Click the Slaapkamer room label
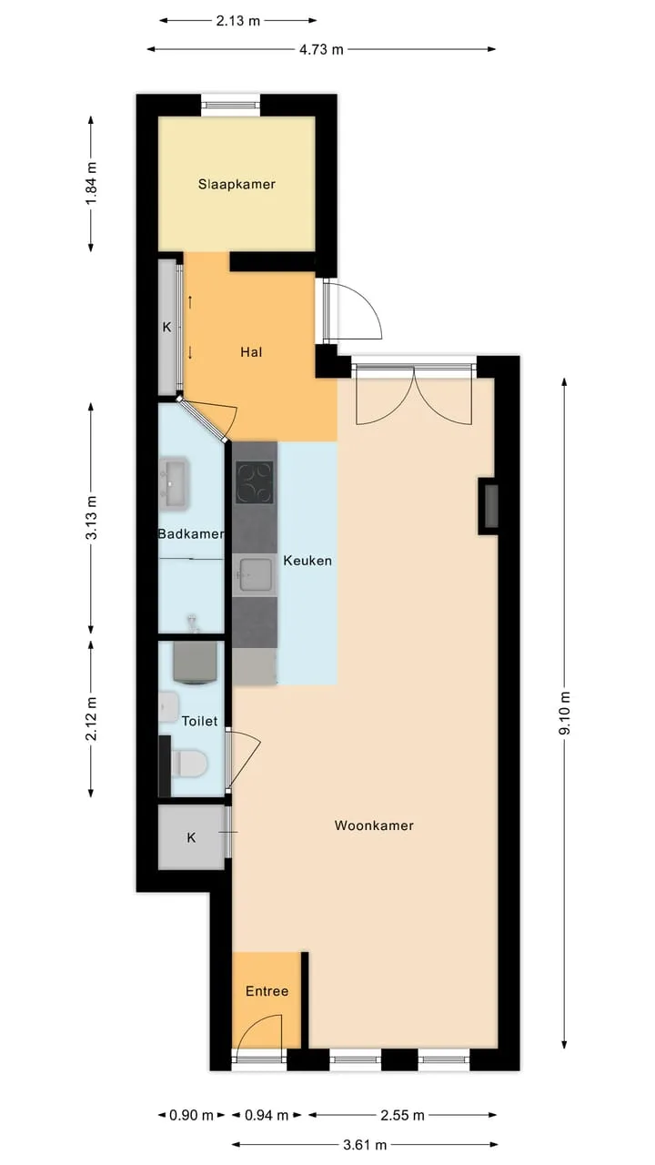click(x=237, y=184)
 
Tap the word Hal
click(x=251, y=352)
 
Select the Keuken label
click(x=307, y=561)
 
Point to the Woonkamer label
click(x=374, y=826)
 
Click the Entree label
click(x=267, y=991)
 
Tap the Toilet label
click(x=199, y=722)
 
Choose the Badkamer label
click(x=191, y=534)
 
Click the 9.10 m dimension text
click(x=565, y=713)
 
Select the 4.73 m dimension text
click(x=321, y=49)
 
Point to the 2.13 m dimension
click(x=237, y=21)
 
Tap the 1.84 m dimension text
click(x=92, y=184)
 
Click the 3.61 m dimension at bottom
click(x=365, y=1145)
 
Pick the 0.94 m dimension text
click(x=267, y=1115)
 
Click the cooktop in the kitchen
click(x=254, y=482)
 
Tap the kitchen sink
click(x=254, y=574)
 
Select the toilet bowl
click(x=189, y=763)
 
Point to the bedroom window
click(x=231, y=106)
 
